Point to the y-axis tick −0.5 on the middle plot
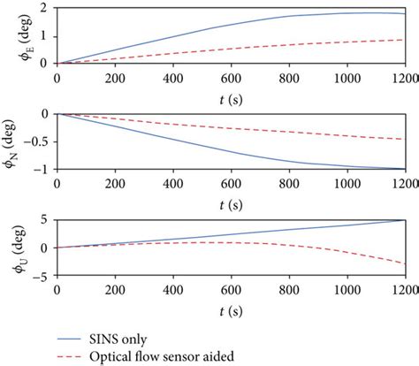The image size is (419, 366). [x=39, y=141]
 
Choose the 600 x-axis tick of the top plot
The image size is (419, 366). [x=231, y=75]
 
